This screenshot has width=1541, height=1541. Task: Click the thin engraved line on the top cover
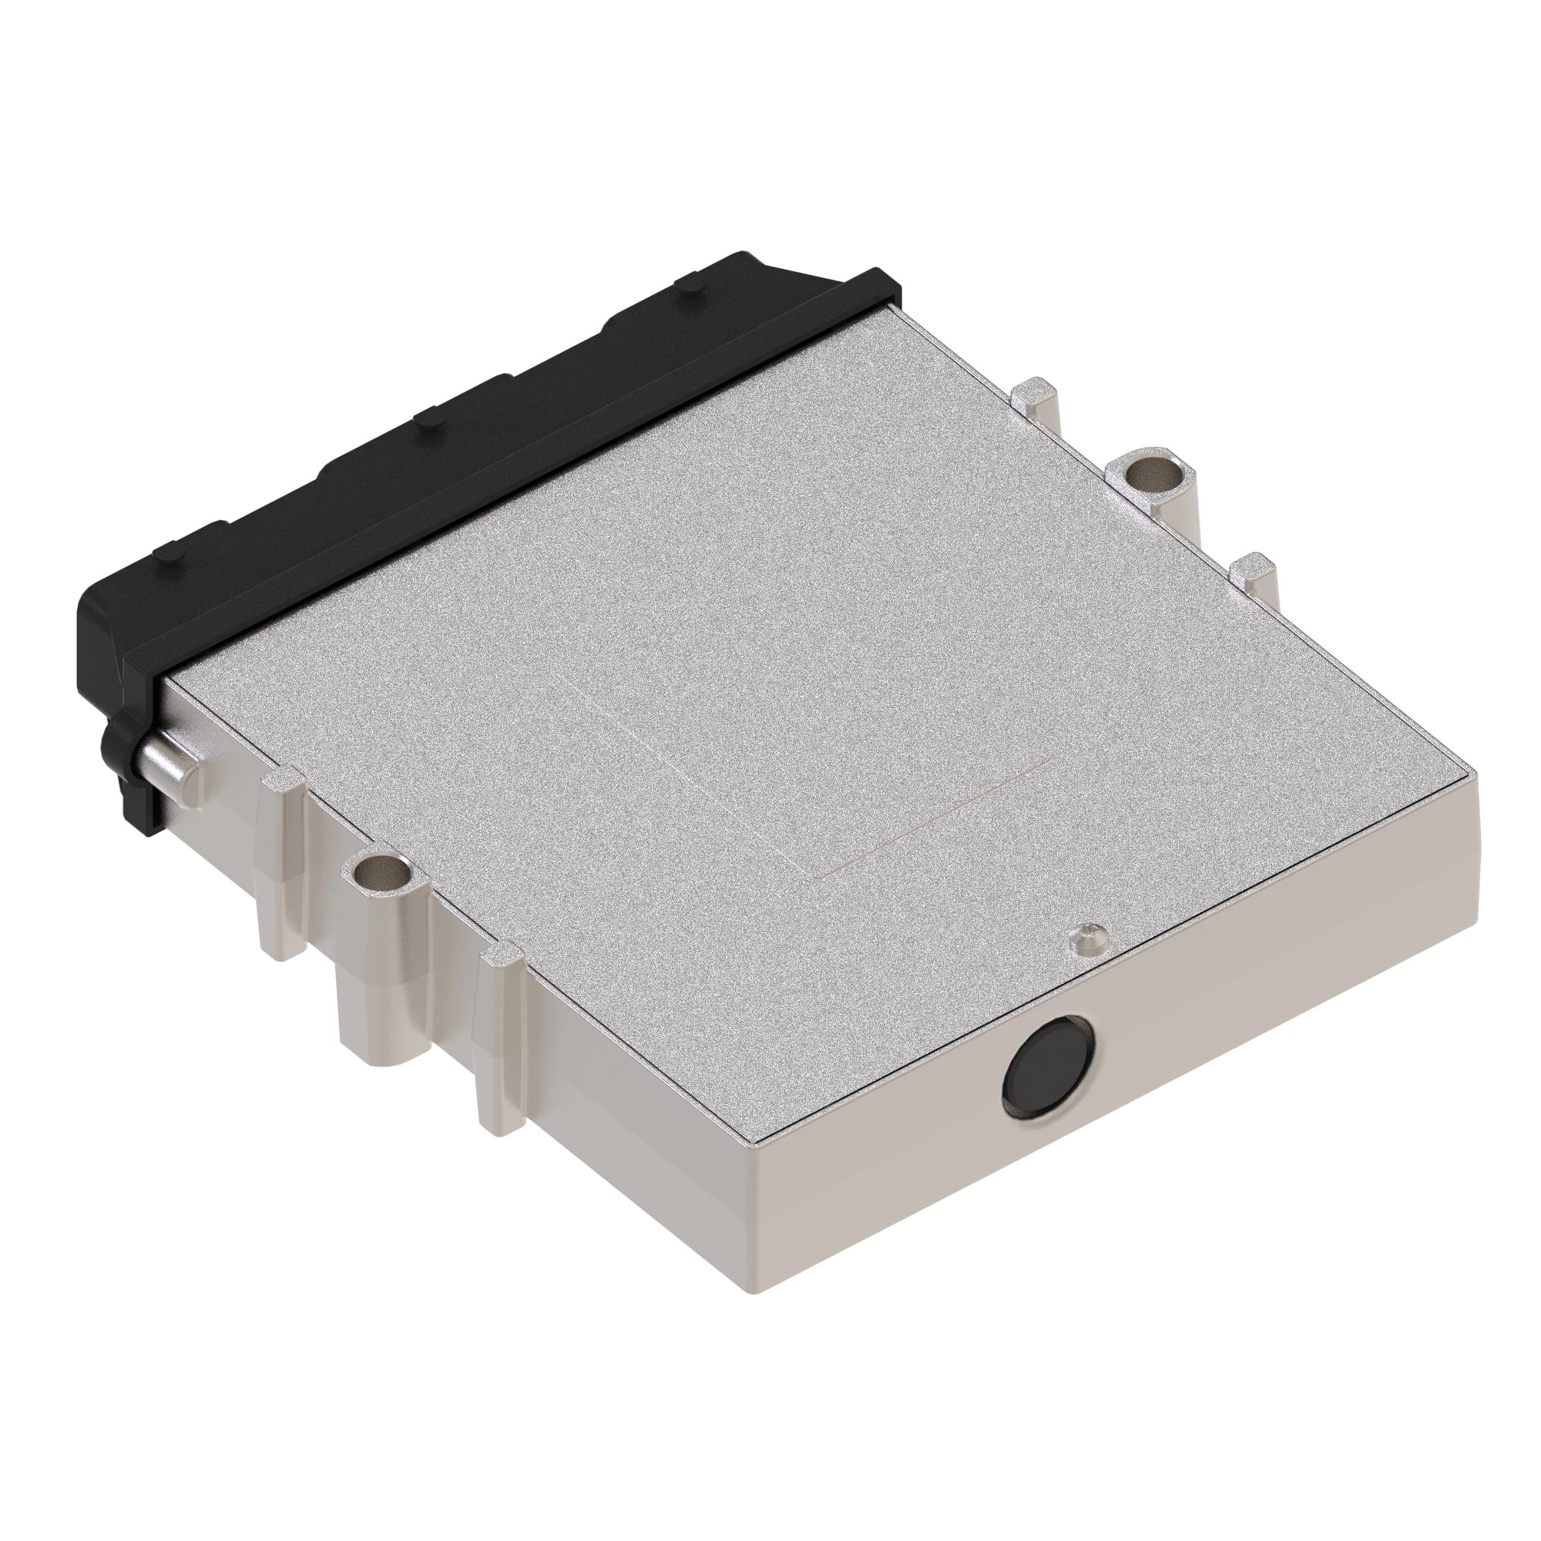pos(933,821)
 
